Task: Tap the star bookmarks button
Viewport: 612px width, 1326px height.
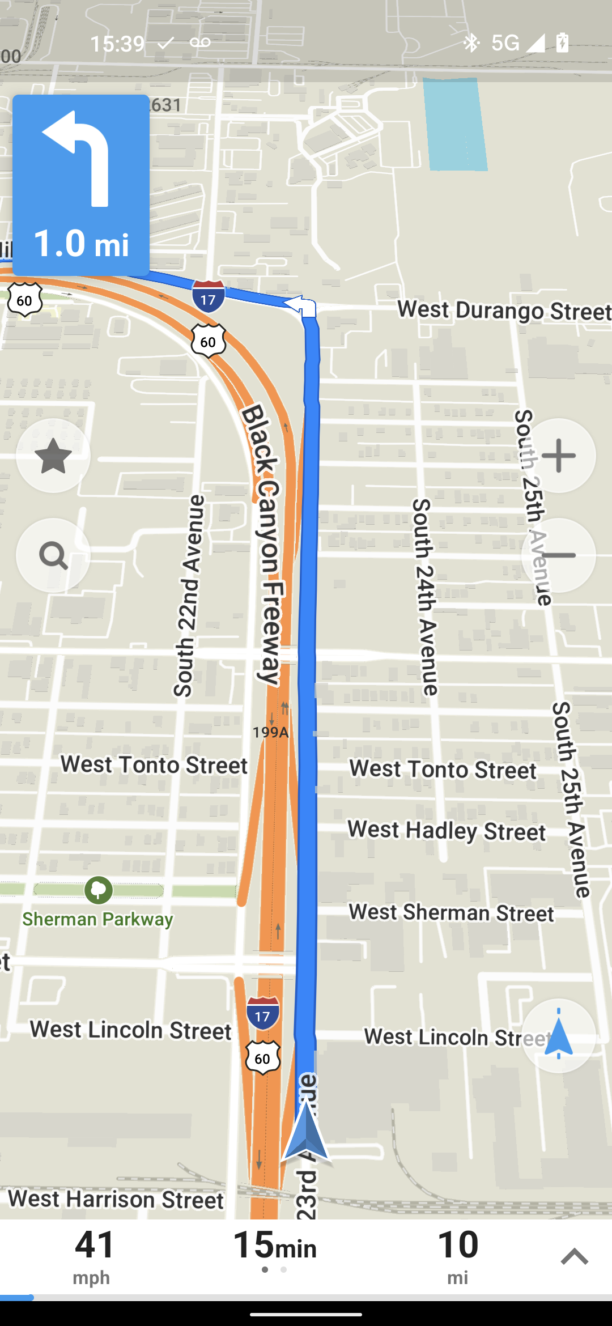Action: [53, 456]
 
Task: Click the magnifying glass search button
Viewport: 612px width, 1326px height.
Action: [53, 555]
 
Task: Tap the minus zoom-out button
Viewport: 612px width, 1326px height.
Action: [558, 555]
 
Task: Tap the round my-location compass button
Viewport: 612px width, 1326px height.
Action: [558, 1036]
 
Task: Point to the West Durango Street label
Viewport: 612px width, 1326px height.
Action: [503, 311]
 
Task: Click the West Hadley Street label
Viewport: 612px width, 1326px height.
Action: [447, 831]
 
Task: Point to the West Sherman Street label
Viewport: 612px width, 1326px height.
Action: [451, 913]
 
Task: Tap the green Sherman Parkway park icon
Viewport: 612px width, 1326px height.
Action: [99, 890]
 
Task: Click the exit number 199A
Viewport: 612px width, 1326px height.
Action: [271, 732]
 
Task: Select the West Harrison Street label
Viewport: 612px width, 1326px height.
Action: [116, 1199]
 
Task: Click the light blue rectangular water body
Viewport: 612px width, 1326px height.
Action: [456, 125]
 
